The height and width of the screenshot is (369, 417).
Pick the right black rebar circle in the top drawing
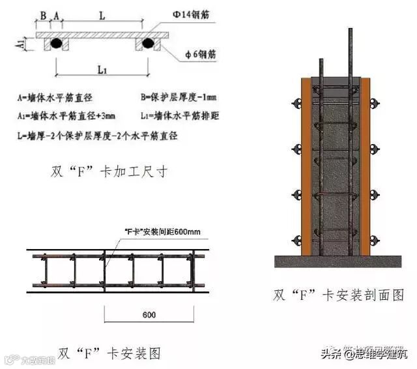(x=147, y=44)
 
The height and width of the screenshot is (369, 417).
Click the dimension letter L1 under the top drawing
(x=101, y=68)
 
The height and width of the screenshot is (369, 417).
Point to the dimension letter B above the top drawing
(x=43, y=13)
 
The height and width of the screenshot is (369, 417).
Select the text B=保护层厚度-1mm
(x=178, y=97)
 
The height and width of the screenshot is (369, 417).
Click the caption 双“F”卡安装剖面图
(x=339, y=295)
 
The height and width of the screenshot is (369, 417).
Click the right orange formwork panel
(x=365, y=166)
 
